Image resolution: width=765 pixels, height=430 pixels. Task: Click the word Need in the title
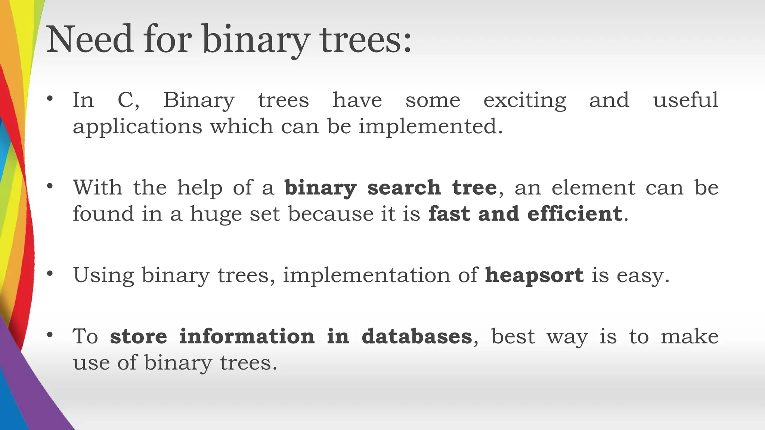[90, 39]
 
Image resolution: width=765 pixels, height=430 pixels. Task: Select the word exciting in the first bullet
[524, 101]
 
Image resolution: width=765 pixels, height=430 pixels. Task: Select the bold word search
[404, 187]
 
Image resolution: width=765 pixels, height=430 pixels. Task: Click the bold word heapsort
[534, 276]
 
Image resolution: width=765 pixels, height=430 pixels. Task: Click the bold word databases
[416, 336]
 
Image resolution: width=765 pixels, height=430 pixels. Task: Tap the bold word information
[247, 336]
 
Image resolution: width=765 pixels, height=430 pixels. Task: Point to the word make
[689, 337]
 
